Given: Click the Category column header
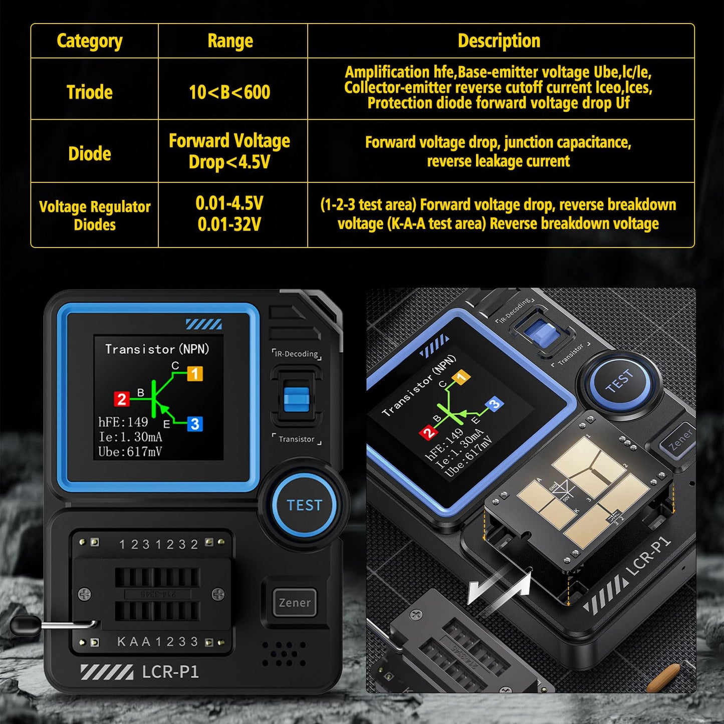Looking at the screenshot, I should [x=90, y=41].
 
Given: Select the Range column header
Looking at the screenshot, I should [x=230, y=41].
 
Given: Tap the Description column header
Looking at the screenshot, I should [x=499, y=41].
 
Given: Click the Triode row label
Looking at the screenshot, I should [x=90, y=92].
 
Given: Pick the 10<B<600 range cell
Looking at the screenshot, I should [x=230, y=92].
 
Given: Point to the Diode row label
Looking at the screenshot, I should [x=90, y=153].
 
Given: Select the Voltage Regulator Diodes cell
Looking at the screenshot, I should [x=95, y=215].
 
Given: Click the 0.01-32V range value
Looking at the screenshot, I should [x=229, y=224].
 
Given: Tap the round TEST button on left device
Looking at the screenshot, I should [x=304, y=505].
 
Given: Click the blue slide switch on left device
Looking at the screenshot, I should [x=296, y=399].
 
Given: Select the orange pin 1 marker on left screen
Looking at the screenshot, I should [x=195, y=374].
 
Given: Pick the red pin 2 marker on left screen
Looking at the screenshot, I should [x=122, y=399].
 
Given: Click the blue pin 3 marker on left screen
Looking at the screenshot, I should [x=195, y=424].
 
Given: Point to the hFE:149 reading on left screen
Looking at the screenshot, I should [x=123, y=422].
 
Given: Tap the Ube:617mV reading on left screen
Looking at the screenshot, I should [x=130, y=452].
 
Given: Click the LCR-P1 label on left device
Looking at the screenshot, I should [x=170, y=671].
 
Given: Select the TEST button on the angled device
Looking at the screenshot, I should [x=619, y=381].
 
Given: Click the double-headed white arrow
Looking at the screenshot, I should [x=499, y=588].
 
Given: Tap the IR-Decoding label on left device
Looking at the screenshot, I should [x=297, y=354].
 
